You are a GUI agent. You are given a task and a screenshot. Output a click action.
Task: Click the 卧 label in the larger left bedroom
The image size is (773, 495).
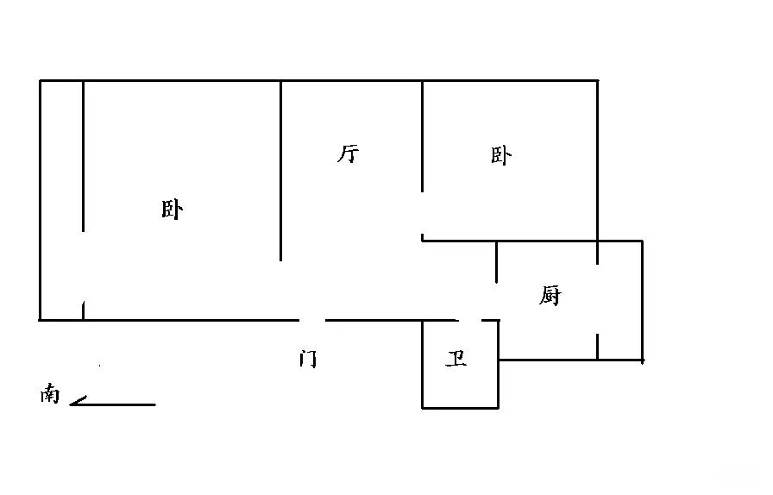pos(172,209)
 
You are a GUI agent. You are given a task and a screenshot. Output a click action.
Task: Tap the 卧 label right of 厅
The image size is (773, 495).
pos(501,155)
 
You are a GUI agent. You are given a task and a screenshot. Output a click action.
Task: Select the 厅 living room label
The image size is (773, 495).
pos(348,154)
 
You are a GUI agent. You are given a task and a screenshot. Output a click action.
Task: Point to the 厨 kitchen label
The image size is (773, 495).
pos(550,295)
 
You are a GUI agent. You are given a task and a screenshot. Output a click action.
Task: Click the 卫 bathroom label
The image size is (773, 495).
pos(456,359)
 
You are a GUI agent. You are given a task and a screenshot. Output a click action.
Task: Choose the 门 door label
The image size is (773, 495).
pos(308,359)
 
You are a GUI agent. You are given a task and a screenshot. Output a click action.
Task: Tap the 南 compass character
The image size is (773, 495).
pos(50,393)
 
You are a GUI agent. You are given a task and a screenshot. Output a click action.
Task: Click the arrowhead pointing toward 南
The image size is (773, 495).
pos(78,401)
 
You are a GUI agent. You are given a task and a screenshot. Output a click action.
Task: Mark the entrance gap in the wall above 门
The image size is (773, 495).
pos(312,321)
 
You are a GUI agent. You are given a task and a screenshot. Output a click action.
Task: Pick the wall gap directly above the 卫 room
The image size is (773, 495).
pos(470,321)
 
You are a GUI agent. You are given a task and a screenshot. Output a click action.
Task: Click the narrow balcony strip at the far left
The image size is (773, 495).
pos(61,200)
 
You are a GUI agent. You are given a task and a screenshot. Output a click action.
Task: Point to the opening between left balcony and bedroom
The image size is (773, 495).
pos(84,266)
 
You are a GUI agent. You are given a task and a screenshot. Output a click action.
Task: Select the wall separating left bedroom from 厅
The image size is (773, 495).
pos(281,171)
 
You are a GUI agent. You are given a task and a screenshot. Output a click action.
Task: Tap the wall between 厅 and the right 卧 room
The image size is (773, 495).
pos(422,136)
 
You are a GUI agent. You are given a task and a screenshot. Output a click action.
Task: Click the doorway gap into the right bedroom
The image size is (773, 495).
pos(422,213)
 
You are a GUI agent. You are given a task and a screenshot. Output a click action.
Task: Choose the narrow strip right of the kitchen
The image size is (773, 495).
pos(620,300)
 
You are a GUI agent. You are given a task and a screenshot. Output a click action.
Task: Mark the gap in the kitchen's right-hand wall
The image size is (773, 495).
pos(598,298)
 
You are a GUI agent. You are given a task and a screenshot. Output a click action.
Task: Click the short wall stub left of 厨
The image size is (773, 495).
pos(496,262)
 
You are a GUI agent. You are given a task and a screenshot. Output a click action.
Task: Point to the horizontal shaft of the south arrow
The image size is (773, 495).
pos(113,404)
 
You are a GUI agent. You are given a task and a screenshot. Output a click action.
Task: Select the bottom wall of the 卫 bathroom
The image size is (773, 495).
pos(460,408)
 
